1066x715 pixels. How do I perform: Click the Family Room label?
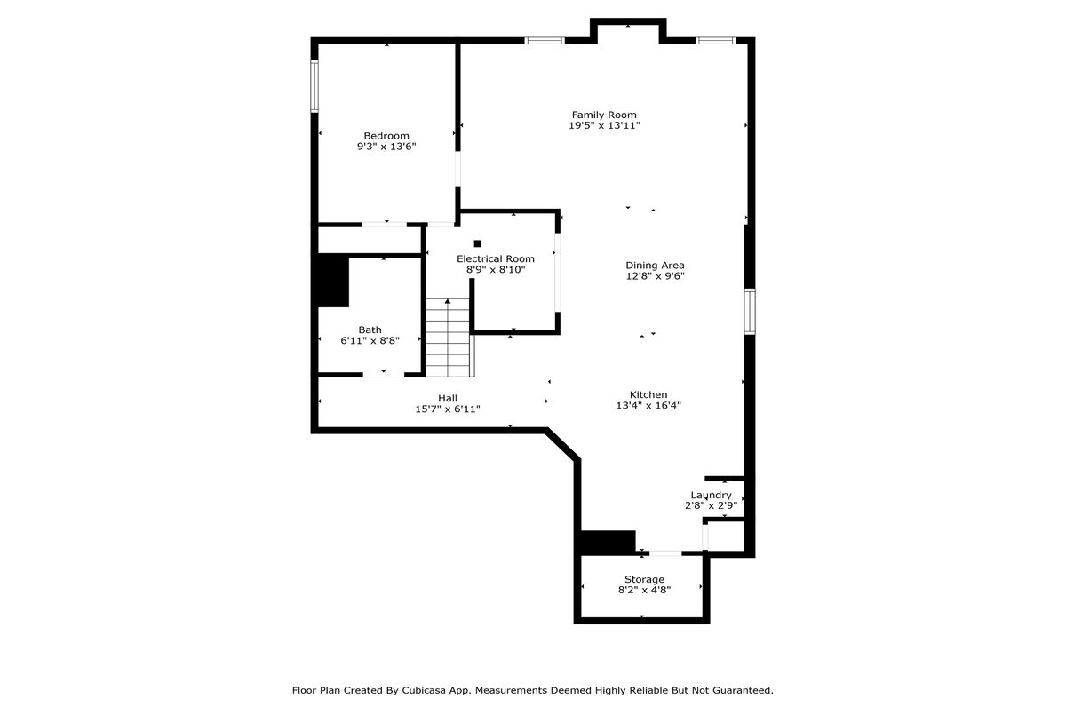(x=604, y=115)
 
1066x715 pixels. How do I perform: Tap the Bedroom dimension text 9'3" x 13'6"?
(x=386, y=147)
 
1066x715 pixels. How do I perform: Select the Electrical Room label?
(x=496, y=258)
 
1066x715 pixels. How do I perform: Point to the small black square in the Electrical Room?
(x=478, y=243)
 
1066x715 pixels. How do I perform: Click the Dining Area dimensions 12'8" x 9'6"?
(x=655, y=276)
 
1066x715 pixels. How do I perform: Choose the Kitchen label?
(x=648, y=394)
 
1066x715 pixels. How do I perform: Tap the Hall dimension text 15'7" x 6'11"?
(x=448, y=409)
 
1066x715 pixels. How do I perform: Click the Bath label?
(x=370, y=330)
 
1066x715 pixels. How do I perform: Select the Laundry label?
(x=711, y=495)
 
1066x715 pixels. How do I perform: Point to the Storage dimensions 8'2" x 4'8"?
(x=644, y=590)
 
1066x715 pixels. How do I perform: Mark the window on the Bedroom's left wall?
(x=314, y=86)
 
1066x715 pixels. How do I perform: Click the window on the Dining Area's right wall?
(x=750, y=312)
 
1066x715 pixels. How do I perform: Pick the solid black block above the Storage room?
(x=608, y=543)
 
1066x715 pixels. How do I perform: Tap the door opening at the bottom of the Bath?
(x=384, y=375)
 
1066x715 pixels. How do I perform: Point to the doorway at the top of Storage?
(x=665, y=553)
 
